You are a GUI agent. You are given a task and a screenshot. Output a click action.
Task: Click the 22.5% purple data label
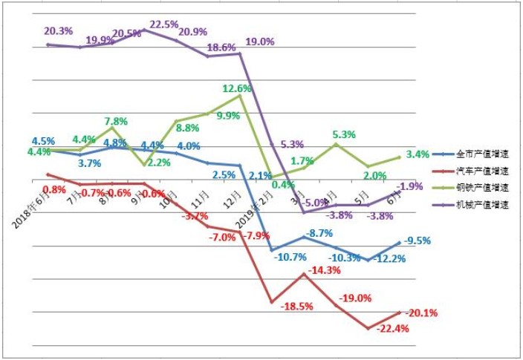coord(163,24)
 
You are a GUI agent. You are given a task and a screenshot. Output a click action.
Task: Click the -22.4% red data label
coord(393,329)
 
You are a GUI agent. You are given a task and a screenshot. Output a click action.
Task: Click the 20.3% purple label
coord(58,31)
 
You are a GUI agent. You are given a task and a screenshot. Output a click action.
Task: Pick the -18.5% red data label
coord(296,306)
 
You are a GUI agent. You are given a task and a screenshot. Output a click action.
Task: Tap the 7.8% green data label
coord(117,122)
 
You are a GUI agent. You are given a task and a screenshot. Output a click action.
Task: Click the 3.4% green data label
coord(418,154)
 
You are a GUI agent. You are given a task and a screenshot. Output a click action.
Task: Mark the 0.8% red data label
coord(54,189)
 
